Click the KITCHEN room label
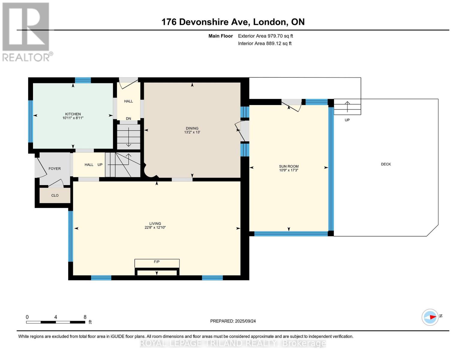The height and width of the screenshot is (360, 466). [73, 114]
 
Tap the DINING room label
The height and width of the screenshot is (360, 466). [192, 128]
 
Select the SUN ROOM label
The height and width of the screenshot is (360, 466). [289, 166]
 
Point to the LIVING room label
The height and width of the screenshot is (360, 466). [155, 223]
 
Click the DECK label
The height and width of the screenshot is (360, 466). [386, 164]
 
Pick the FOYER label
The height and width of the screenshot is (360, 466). [55, 169]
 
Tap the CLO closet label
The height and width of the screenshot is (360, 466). [55, 195]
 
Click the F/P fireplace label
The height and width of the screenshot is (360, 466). [157, 262]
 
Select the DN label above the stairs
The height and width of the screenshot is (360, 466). [128, 118]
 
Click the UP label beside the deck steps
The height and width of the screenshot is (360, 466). [347, 120]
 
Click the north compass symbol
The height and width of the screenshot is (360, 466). [430, 317]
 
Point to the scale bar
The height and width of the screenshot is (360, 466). [56, 322]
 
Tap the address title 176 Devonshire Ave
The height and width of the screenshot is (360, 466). [233, 22]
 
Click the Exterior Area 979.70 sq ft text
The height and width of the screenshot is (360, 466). [265, 36]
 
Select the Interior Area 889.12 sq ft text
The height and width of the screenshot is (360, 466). [265, 43]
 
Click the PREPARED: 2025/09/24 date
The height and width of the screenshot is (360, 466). [233, 321]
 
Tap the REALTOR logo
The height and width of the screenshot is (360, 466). [26, 31]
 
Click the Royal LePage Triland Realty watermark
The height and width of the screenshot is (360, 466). [233, 343]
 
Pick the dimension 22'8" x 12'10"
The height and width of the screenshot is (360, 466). [155, 228]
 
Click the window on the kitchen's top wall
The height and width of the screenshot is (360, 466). [83, 80]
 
